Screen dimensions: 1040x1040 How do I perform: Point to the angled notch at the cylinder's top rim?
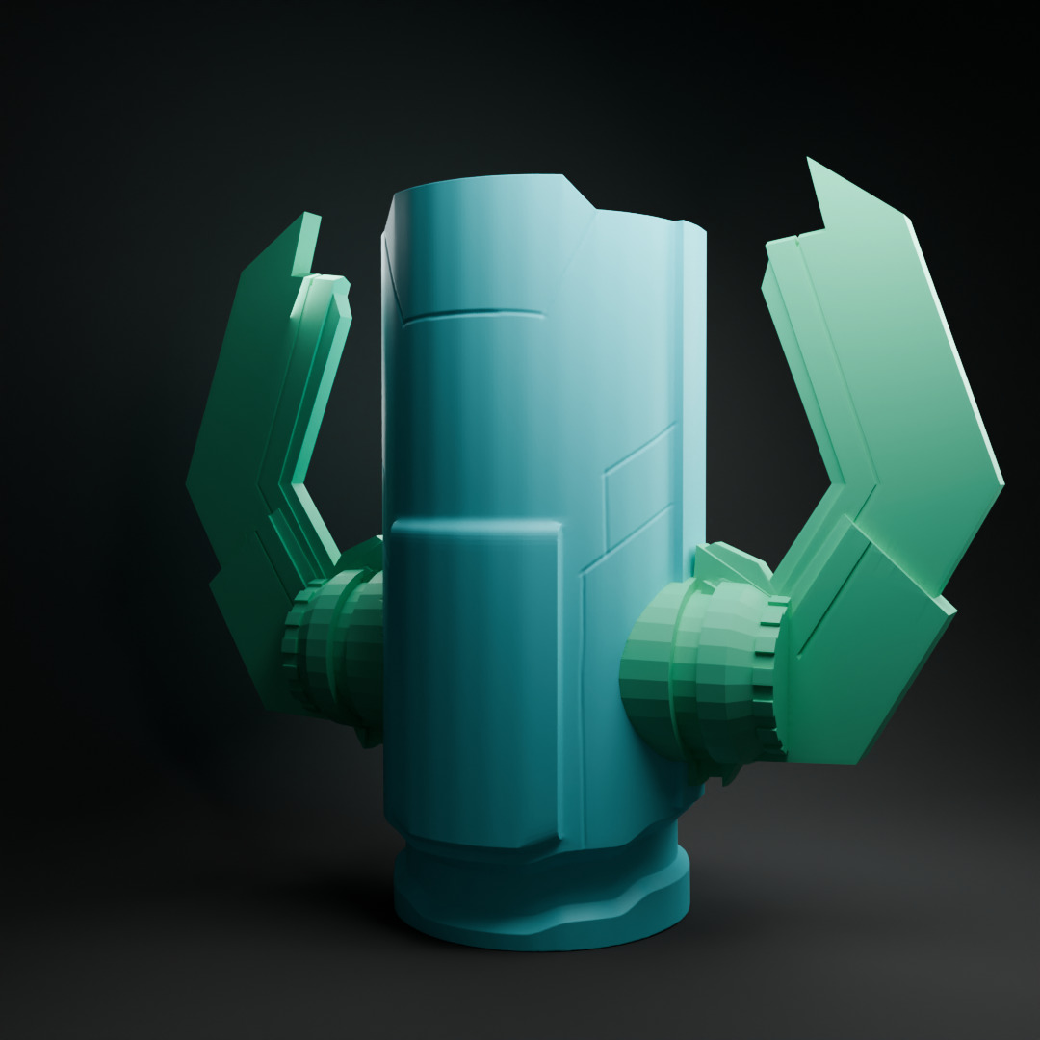coord(578,193)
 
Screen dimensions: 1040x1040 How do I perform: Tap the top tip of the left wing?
coord(310,216)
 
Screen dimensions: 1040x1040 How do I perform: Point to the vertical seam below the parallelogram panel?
coord(583,674)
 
